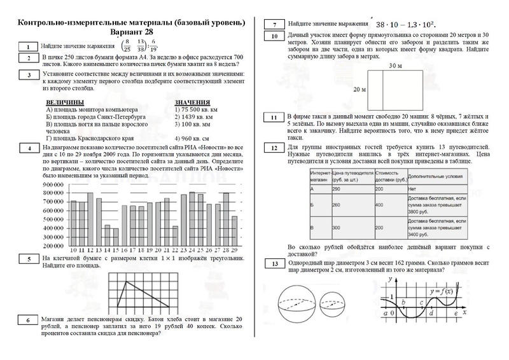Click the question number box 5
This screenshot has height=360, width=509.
click(x=29, y=259)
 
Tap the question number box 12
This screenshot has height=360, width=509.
click(x=274, y=148)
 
